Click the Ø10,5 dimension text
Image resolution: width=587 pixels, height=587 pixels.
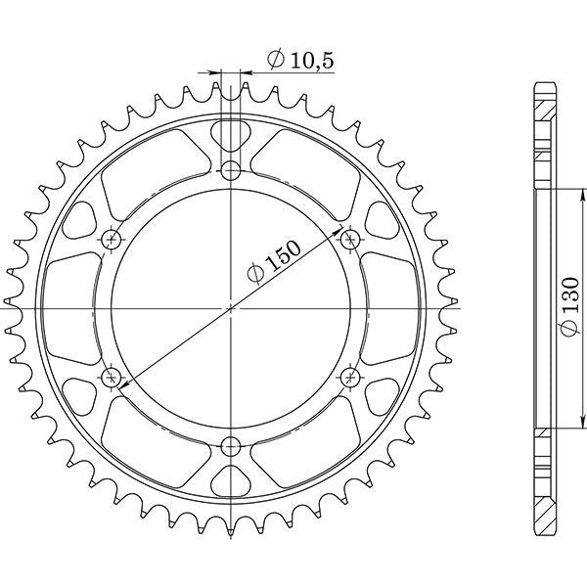point(300,61)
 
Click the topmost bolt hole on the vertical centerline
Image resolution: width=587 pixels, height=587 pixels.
point(231,171)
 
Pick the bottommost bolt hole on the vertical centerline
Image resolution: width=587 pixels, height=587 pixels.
point(231,448)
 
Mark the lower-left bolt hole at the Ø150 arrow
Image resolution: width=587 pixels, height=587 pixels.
point(111,376)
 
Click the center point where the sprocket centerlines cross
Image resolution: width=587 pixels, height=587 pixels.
point(231,307)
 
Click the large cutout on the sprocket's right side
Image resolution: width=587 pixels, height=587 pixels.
point(382,307)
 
